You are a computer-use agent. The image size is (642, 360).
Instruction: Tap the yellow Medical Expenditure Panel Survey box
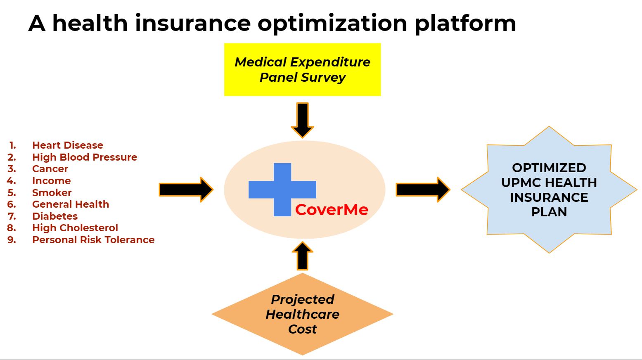click(x=302, y=69)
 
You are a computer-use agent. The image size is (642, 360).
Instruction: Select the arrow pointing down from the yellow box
click(x=303, y=120)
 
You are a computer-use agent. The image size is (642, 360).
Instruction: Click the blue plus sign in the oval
click(x=282, y=189)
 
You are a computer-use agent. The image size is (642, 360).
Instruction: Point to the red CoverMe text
click(x=332, y=210)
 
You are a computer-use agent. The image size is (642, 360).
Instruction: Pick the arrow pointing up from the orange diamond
click(x=303, y=256)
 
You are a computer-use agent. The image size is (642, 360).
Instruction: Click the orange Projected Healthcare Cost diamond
click(x=302, y=314)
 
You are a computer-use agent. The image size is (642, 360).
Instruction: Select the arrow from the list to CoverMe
click(x=186, y=189)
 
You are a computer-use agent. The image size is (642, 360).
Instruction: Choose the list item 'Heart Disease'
click(x=68, y=145)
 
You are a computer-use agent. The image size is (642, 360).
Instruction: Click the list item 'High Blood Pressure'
click(x=85, y=157)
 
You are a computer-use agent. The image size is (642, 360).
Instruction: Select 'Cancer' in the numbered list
click(x=50, y=169)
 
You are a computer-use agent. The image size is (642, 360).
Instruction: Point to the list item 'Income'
click(x=51, y=181)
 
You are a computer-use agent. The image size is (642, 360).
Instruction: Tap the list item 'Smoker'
click(x=52, y=193)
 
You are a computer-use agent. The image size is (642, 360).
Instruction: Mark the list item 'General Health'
click(x=71, y=204)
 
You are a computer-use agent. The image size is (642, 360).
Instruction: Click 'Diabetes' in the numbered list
click(x=55, y=216)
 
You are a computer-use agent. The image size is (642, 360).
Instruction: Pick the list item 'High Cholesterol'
click(x=75, y=228)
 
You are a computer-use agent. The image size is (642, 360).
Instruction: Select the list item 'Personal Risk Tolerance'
click(x=93, y=240)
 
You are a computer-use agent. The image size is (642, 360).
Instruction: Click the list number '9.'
click(x=12, y=240)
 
